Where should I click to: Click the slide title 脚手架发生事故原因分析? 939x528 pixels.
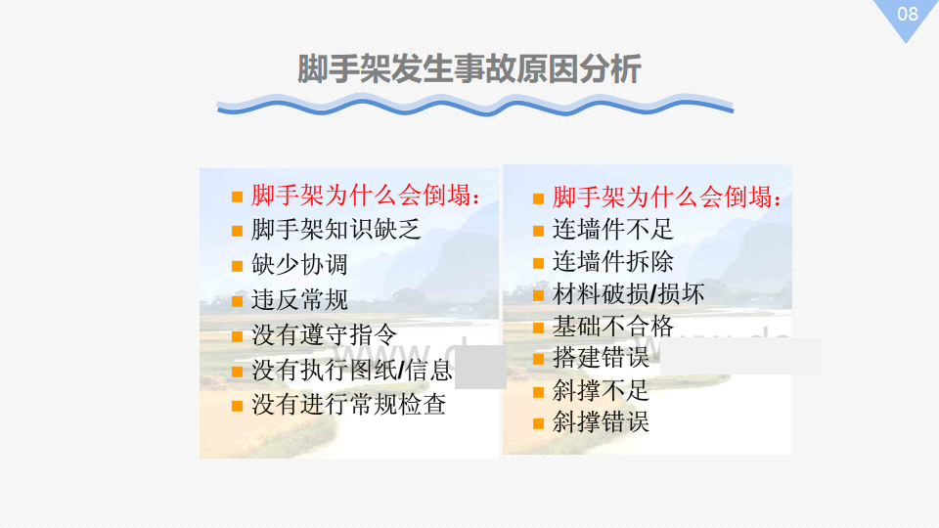(469, 68)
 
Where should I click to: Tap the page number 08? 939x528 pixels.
(908, 14)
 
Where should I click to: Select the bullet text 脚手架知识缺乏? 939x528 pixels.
(335, 229)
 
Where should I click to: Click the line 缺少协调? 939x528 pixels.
(299, 264)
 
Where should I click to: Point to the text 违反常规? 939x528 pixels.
(299, 299)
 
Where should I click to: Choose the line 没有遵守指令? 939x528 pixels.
(324, 334)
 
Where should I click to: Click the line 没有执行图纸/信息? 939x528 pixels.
(351, 370)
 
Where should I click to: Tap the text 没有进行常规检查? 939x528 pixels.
(348, 405)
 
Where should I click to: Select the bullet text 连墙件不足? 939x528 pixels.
(612, 229)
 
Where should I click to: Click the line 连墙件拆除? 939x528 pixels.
(612, 262)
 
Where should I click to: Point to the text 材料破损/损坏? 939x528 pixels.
(628, 294)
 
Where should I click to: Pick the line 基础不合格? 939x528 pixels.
(612, 327)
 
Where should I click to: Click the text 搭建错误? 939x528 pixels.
(601, 358)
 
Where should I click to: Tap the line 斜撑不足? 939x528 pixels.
(601, 390)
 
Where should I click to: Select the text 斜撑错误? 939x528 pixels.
(601, 422)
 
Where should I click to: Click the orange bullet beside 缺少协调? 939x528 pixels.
(237, 266)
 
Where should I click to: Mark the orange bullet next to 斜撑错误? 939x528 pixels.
(538, 423)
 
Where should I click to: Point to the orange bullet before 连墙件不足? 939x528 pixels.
(538, 231)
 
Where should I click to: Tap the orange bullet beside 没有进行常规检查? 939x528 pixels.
(237, 407)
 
